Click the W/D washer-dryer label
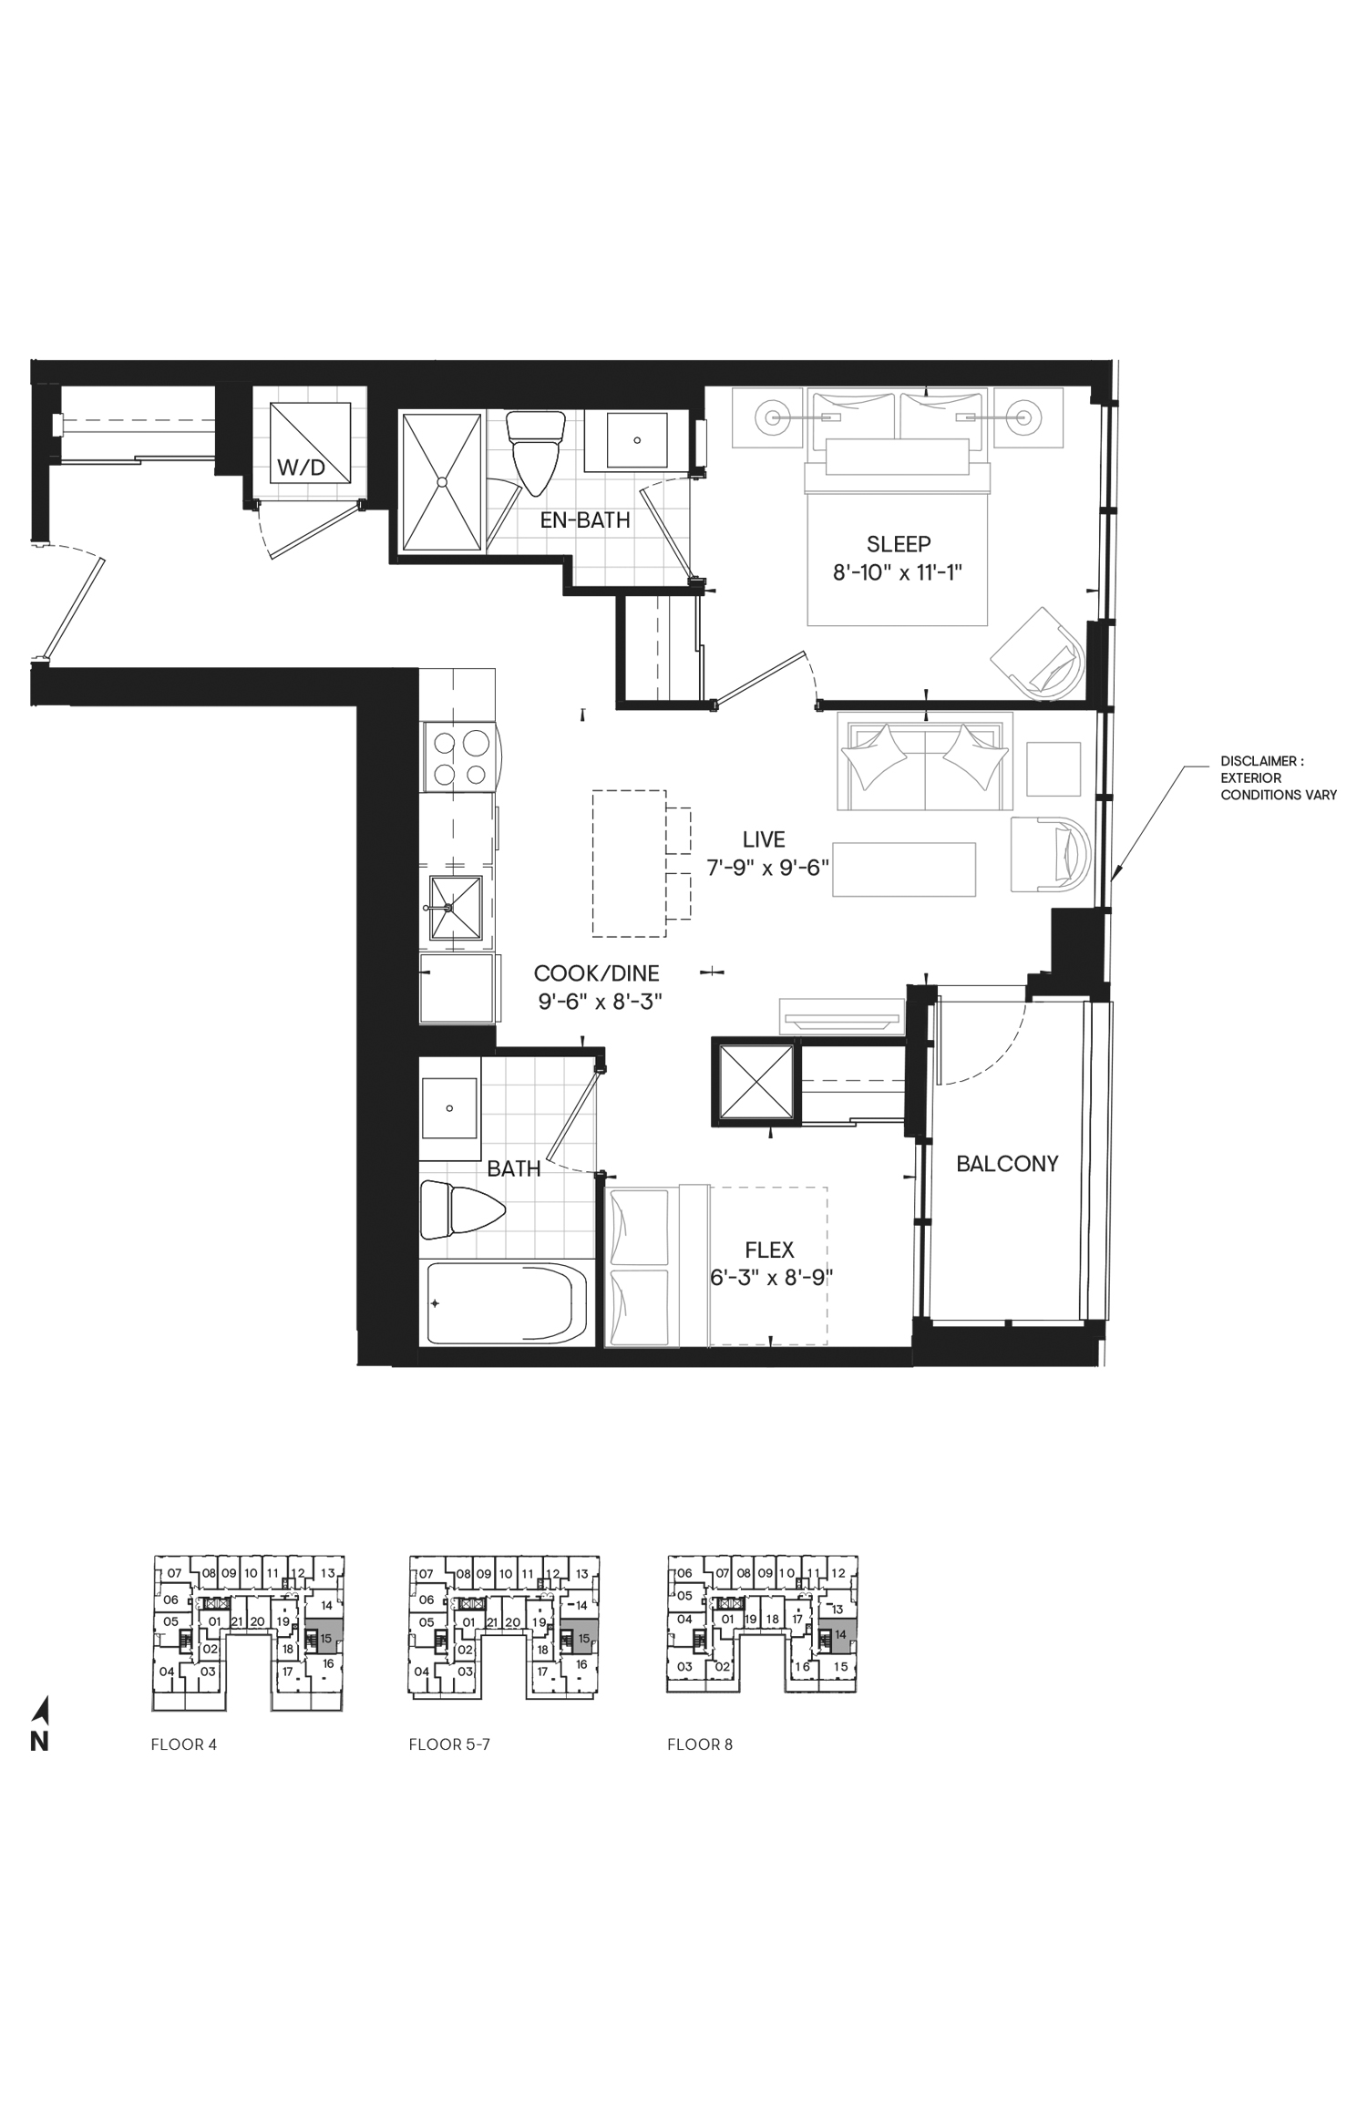[301, 469]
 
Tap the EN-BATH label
[585, 520]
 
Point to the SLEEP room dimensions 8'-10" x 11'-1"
[898, 572]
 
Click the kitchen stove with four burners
[460, 757]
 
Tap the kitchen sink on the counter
[456, 908]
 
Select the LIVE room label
[764, 839]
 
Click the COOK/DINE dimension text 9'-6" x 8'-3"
[600, 1002]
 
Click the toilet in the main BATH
[463, 1209]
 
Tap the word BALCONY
[1007, 1164]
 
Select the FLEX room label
[769, 1250]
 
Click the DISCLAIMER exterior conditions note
[1279, 777]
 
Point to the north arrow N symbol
[40, 1724]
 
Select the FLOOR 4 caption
[183, 1744]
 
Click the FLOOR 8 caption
[700, 1744]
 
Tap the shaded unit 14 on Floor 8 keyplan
[838, 1634]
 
